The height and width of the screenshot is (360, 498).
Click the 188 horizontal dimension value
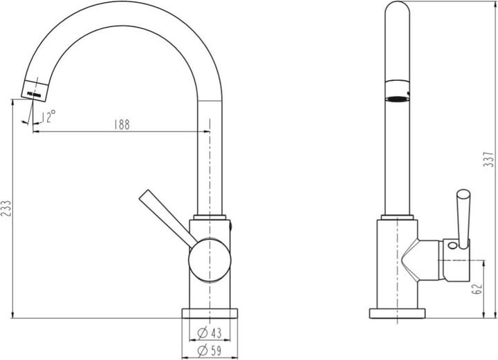122,124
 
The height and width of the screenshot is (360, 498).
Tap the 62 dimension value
477,288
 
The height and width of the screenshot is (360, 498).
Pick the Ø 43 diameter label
209,333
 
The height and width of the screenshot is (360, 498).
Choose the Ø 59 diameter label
209,351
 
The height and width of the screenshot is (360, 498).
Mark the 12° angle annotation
47,117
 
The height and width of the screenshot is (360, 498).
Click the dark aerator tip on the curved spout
37,89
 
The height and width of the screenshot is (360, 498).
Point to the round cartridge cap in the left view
209,261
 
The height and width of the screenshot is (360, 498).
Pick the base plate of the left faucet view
210,313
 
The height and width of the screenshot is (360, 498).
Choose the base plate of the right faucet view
397,313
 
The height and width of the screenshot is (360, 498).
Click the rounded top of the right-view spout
397,10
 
